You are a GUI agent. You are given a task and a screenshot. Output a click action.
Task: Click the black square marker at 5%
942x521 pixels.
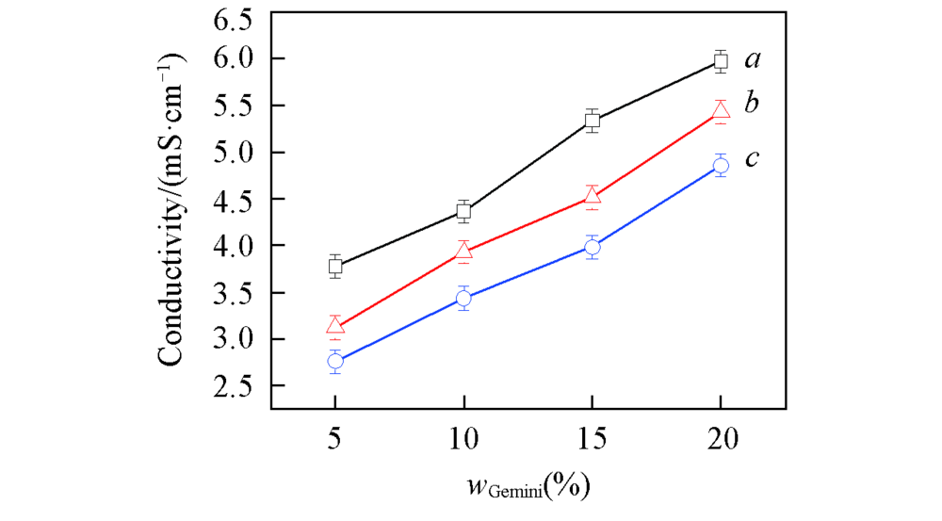click(x=335, y=266)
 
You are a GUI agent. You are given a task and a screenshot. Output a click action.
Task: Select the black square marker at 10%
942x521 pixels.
click(x=463, y=211)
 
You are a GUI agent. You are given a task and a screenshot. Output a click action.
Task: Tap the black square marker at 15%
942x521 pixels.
click(x=593, y=121)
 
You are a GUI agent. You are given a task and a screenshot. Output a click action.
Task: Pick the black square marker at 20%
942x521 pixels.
click(x=721, y=61)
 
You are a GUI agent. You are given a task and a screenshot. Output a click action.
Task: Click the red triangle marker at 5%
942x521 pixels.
click(x=335, y=326)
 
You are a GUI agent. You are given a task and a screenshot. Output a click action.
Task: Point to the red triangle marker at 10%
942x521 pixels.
click(x=463, y=251)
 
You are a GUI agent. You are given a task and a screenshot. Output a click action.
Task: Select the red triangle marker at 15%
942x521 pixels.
click(x=593, y=196)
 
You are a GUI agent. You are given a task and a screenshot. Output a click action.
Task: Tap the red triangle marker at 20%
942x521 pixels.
click(x=721, y=111)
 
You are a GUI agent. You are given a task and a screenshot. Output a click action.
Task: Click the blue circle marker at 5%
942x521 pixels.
click(x=335, y=361)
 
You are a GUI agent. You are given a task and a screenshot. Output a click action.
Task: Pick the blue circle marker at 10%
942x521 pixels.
click(x=463, y=299)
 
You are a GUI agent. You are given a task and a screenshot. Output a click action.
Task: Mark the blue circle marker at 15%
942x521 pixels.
click(x=593, y=248)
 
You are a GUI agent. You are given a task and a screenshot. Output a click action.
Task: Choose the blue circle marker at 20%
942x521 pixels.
click(x=721, y=166)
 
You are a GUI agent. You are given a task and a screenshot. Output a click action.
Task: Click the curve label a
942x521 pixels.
click(x=753, y=60)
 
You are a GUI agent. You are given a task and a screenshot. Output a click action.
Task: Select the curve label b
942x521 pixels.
click(x=752, y=102)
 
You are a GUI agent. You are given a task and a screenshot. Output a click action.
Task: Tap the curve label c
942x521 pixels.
click(x=752, y=158)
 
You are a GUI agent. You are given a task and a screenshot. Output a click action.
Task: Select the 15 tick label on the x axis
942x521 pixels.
click(x=593, y=438)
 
